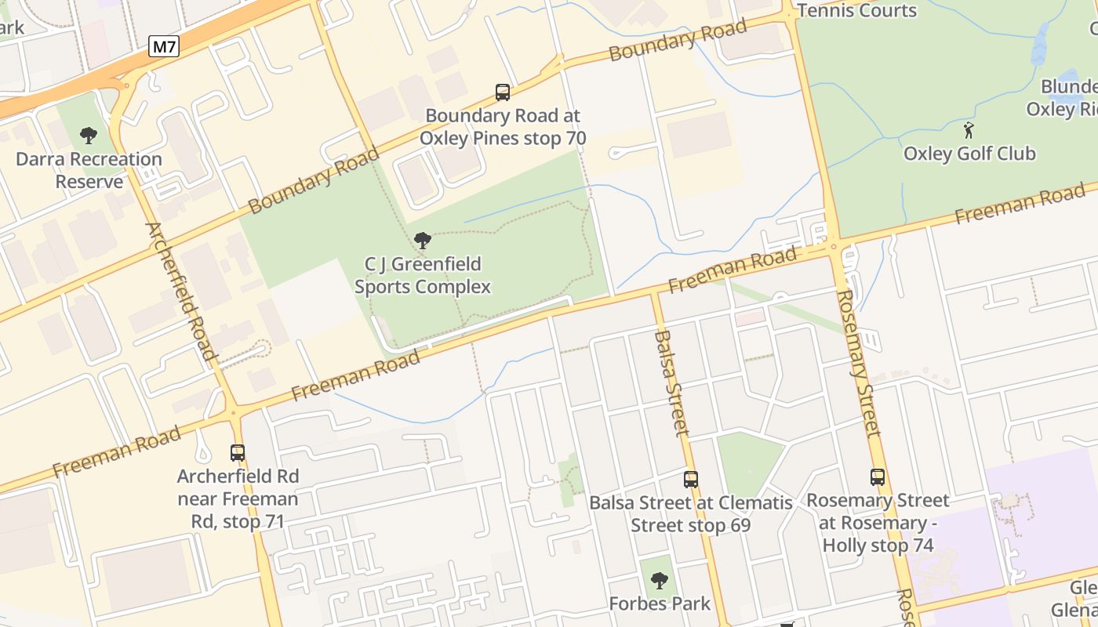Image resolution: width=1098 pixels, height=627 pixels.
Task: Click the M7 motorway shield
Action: point(164,47)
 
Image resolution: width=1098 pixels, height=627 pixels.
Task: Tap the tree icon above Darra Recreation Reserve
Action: point(89,136)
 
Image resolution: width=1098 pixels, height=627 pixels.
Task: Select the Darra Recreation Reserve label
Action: point(89,170)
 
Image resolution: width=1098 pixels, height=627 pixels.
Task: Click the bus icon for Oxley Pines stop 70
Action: point(503,92)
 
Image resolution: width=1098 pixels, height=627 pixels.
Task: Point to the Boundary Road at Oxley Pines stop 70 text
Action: point(503,127)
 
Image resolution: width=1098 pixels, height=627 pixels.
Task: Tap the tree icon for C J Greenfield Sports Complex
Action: point(423,241)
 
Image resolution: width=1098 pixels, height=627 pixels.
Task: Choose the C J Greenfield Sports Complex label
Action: point(423,275)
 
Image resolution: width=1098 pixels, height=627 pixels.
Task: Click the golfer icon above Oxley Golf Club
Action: point(969,130)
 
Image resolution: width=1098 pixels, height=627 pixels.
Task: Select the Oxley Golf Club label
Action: point(969,154)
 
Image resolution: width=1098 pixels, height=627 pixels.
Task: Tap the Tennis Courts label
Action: point(856,11)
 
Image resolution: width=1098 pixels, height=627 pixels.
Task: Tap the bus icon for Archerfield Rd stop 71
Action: point(238,452)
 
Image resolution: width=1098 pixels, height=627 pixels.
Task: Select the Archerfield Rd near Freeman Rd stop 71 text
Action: point(238,498)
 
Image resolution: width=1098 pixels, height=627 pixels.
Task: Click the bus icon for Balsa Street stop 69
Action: point(691,479)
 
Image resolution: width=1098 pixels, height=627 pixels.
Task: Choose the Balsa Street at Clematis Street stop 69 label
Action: point(691,513)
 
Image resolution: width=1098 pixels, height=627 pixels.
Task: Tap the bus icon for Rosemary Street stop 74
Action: point(878,477)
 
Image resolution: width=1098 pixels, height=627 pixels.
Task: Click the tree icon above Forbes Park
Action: point(660,581)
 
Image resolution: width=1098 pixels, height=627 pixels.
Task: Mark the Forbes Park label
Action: point(660,603)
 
